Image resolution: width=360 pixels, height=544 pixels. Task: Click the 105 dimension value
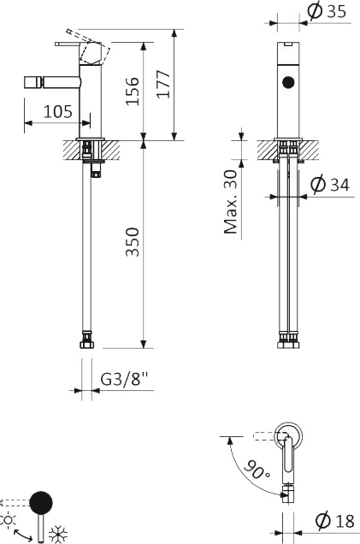coord(58,110)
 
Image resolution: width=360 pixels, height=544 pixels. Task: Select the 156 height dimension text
coord(133,89)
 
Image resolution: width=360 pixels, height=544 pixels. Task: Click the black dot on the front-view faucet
coord(288,83)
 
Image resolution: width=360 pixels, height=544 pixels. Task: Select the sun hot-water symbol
coord(8,519)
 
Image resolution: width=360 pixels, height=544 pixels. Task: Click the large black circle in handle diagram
coord(40,502)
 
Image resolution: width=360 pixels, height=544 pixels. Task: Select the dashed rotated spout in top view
coord(257,438)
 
